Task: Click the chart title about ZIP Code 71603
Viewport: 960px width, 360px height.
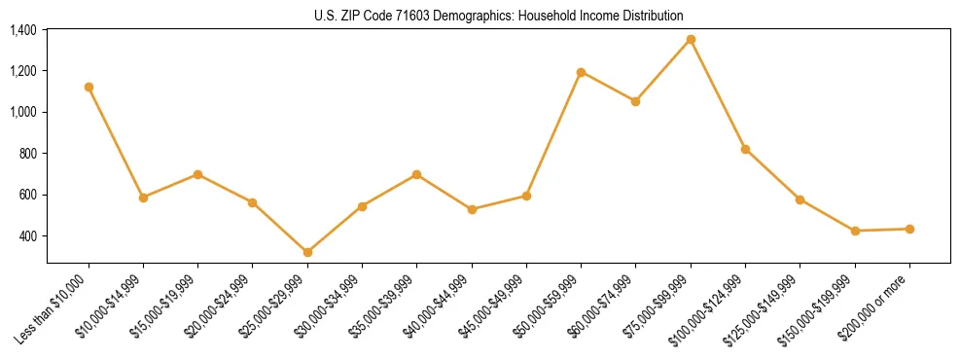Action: pos(499,16)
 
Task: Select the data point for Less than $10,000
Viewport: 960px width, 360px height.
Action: pos(89,87)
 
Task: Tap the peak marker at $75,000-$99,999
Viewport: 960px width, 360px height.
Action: pos(691,39)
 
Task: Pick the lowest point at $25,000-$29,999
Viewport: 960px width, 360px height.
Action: pos(307,252)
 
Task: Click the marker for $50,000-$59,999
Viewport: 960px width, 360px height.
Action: pos(581,72)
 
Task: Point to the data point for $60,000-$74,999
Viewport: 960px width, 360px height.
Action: pos(635,101)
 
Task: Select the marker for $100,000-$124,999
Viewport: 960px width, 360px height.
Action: pos(745,149)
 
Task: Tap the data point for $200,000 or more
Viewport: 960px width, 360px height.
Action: pos(909,229)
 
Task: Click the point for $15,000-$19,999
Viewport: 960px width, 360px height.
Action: pos(197,174)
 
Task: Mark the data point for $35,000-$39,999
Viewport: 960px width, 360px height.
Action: pos(416,174)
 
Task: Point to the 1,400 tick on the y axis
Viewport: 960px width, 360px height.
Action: pos(23,30)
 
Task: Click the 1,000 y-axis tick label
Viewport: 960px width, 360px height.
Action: pos(23,112)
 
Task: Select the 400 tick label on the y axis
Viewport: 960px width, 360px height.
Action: pos(28,235)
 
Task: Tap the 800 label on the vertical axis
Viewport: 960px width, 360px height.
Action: pos(28,154)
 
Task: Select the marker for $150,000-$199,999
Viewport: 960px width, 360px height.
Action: pos(855,231)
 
